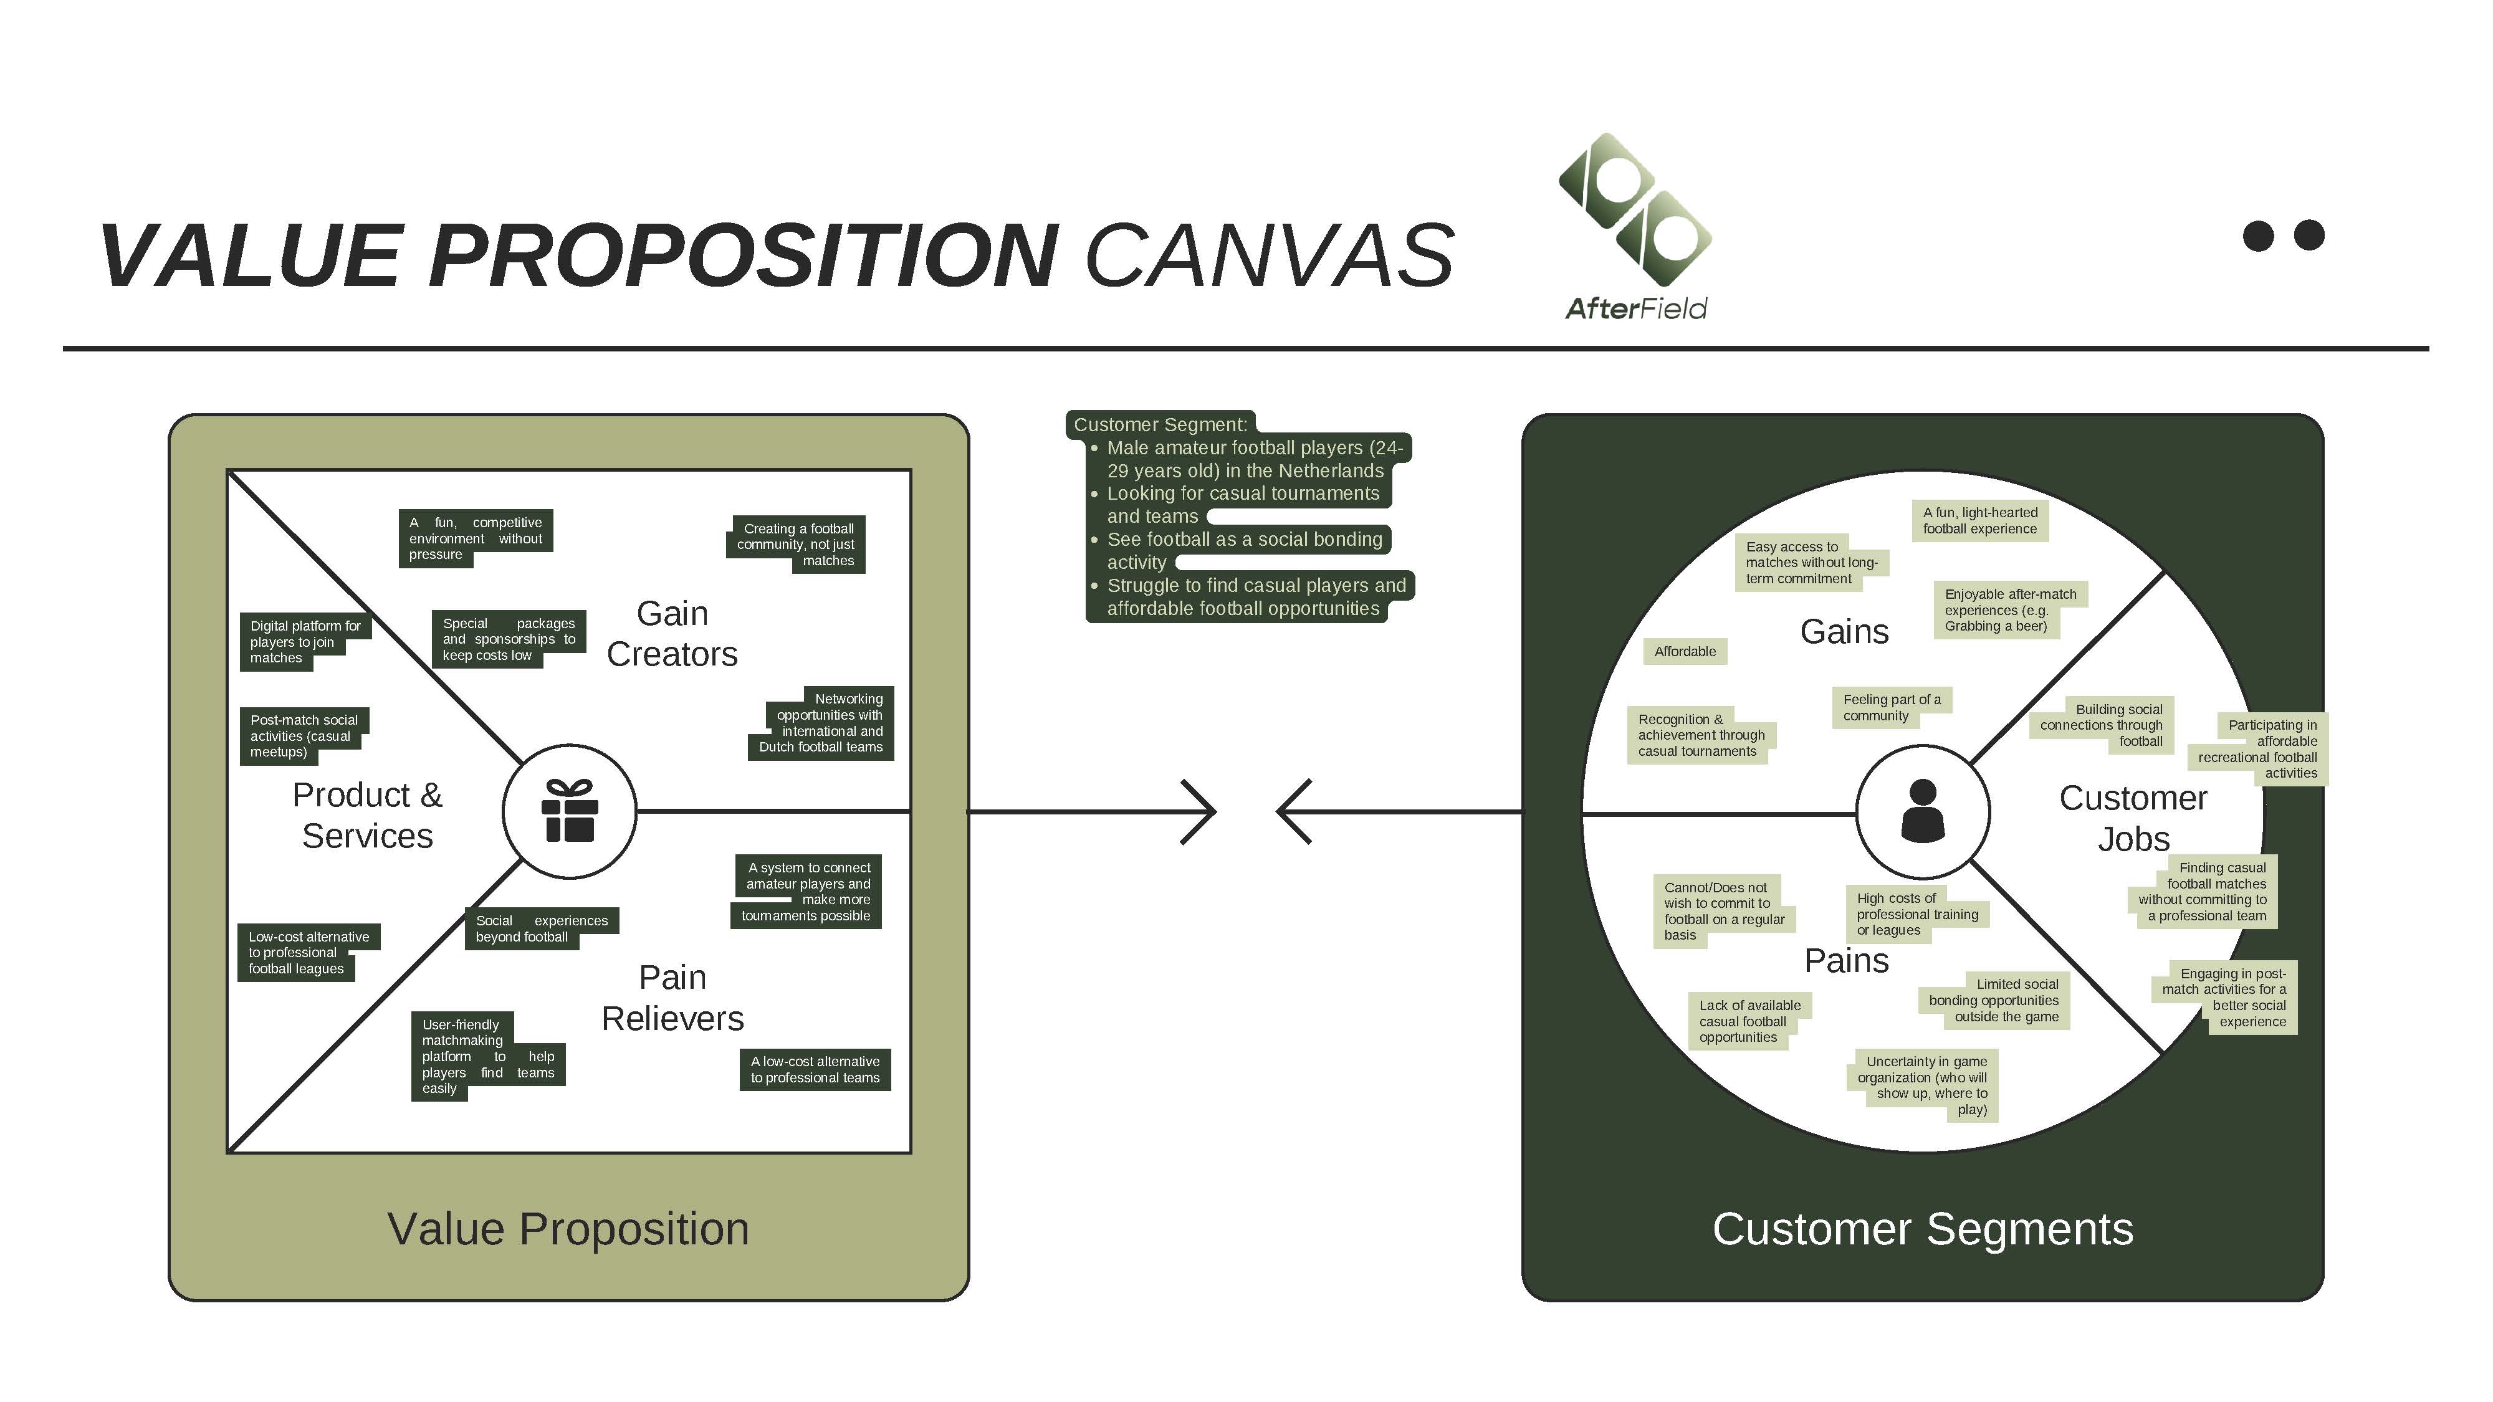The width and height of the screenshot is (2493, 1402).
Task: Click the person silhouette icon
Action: click(x=1922, y=811)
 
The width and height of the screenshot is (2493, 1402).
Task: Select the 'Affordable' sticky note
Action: click(x=1684, y=651)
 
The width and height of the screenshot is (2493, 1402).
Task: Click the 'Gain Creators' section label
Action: click(x=672, y=634)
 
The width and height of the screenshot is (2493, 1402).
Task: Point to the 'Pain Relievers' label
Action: click(x=672, y=998)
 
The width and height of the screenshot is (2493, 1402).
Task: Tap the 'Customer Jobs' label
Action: click(x=2132, y=818)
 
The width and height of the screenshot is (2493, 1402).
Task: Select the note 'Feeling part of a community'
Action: click(x=1890, y=707)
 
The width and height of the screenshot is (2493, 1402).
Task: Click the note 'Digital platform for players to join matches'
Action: click(x=304, y=642)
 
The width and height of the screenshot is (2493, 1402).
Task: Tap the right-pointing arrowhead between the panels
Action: click(x=1200, y=812)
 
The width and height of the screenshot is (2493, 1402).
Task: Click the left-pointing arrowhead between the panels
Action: click(x=1293, y=812)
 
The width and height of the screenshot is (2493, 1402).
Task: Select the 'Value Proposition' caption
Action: click(x=568, y=1229)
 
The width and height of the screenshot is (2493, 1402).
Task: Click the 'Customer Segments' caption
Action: click(x=1922, y=1229)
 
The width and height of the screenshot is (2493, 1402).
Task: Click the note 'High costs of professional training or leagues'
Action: click(x=1916, y=913)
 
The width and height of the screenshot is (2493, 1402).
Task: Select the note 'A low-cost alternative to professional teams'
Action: click(x=814, y=1069)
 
